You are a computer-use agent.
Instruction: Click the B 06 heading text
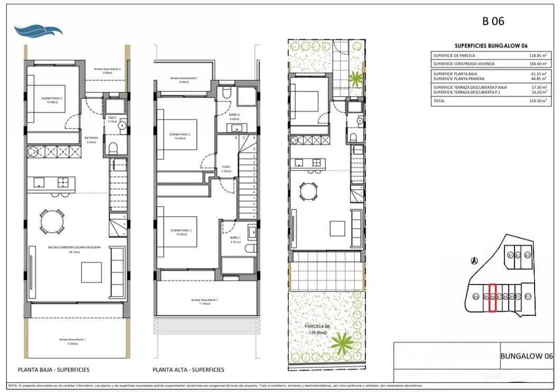click(493, 22)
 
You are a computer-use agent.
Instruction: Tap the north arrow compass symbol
click(474, 260)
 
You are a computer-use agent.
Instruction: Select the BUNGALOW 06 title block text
click(526, 356)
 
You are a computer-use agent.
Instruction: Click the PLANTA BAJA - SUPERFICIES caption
click(53, 370)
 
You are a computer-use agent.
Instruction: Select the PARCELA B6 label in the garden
click(317, 327)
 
